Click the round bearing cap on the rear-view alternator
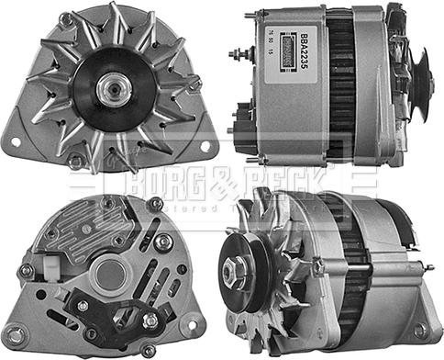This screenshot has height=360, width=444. [110, 272]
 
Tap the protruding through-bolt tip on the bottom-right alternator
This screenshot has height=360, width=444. [429, 266]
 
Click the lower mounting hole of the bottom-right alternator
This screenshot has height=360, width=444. [421, 332]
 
